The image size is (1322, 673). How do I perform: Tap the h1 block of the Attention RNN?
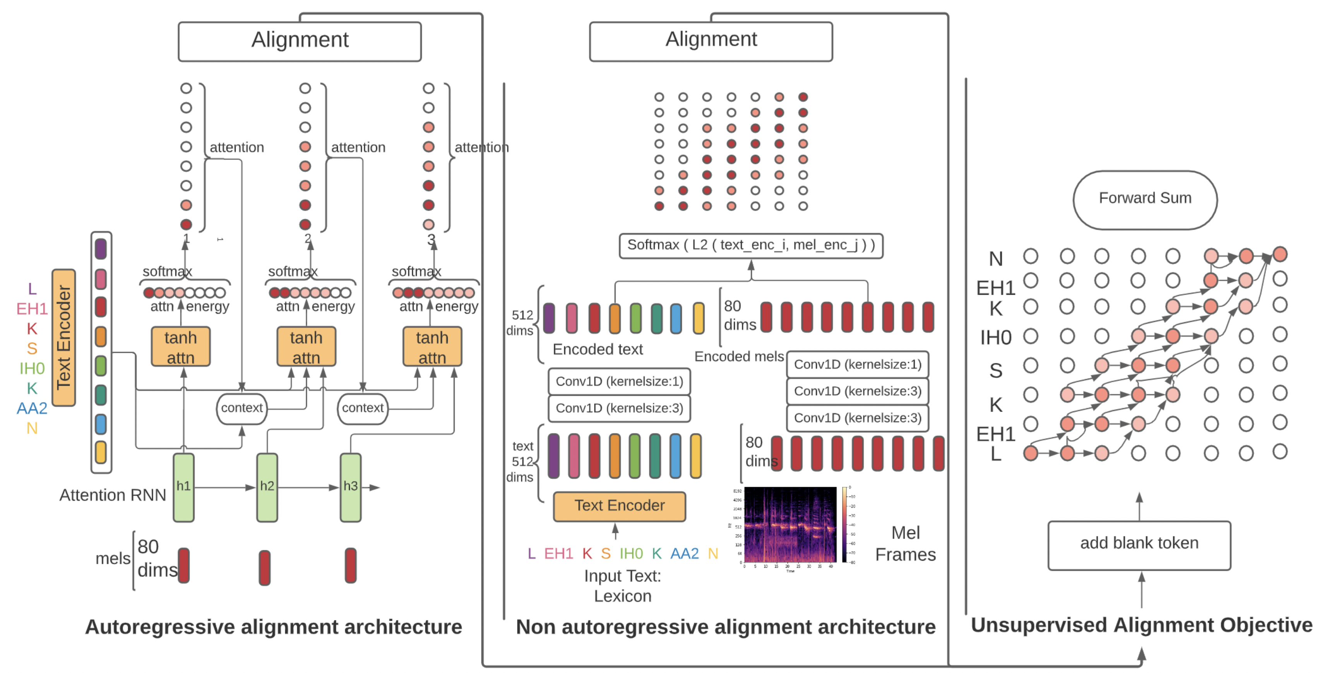tap(183, 487)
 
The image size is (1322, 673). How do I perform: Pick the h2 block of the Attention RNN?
tap(267, 487)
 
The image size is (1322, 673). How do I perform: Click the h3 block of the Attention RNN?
tap(351, 487)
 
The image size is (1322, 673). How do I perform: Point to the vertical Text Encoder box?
tap(63, 337)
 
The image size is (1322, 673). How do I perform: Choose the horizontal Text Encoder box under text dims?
tap(619, 506)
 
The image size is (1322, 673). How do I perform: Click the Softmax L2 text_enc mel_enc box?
tap(750, 246)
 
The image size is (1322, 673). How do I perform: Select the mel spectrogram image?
tap(790, 524)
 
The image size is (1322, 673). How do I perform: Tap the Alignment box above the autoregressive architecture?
tap(300, 41)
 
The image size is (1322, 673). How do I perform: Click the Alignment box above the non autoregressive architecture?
tap(711, 41)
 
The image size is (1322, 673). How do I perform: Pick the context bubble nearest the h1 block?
tap(242, 408)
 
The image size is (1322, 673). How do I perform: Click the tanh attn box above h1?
tap(181, 347)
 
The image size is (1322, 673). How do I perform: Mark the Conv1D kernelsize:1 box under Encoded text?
tap(619, 381)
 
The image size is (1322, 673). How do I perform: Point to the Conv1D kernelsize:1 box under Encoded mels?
tap(857, 364)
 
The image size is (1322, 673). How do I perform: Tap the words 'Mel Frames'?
tap(905, 544)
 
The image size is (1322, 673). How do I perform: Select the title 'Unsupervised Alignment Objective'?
tap(1141, 625)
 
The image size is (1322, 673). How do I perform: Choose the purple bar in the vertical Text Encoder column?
tap(101, 249)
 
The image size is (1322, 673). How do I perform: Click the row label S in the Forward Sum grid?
tap(996, 370)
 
